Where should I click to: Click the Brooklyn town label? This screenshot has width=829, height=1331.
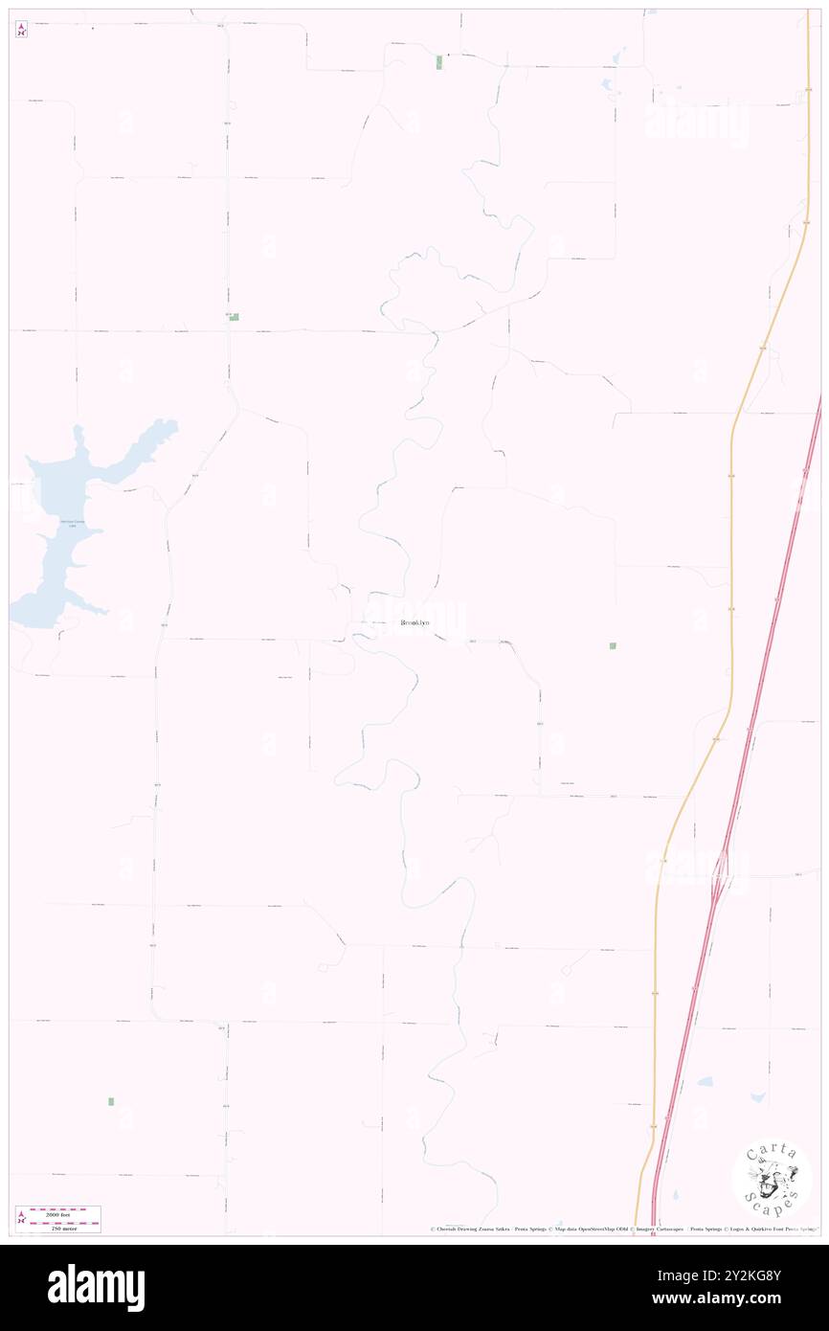pos(414,623)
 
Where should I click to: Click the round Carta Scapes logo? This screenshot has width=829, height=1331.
pos(773,1180)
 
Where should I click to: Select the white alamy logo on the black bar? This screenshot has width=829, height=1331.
pos(96,1287)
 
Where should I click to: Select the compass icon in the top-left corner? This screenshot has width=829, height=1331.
pos(21,30)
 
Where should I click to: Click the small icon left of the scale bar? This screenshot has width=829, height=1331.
pos(21,1218)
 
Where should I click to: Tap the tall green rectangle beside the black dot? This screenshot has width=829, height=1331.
pos(439,62)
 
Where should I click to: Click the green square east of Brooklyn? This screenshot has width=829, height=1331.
pos(613,646)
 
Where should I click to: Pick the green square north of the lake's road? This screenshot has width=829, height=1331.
pos(234,316)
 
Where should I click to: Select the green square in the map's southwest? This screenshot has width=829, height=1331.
pos(110,1101)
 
